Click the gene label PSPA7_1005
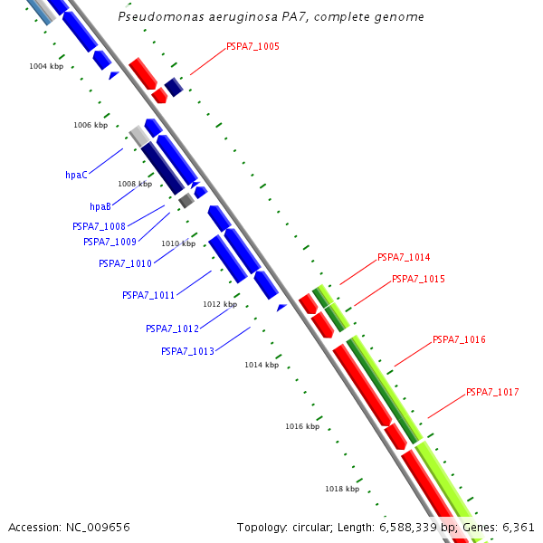[252, 45]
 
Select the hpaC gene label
[76, 176]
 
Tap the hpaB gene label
[100, 207]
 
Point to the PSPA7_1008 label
[99, 226]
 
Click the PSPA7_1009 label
[110, 242]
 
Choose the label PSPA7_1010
[125, 263]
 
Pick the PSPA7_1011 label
[148, 295]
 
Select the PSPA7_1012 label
[172, 329]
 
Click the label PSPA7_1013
[187, 351]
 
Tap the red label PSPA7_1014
[404, 257]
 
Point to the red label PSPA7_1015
[418, 279]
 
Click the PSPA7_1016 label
[459, 339]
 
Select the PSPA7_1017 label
[492, 392]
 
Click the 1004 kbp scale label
[46, 66]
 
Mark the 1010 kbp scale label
[178, 243]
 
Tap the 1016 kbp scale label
[302, 426]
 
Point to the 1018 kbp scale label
[342, 489]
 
